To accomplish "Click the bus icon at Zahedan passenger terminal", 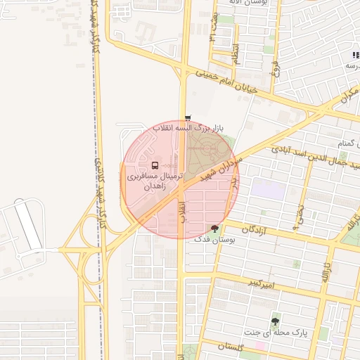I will point(155,166).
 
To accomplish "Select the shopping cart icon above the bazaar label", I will point(187,118).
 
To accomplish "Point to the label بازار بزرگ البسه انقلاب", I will point(188,129).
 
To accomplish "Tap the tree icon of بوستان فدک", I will point(214,228).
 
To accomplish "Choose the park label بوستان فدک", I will point(214,240).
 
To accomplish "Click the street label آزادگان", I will point(257,229).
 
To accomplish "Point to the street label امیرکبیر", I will point(260,283).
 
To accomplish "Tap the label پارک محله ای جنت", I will point(272,331).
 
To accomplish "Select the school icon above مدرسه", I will point(355,55).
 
